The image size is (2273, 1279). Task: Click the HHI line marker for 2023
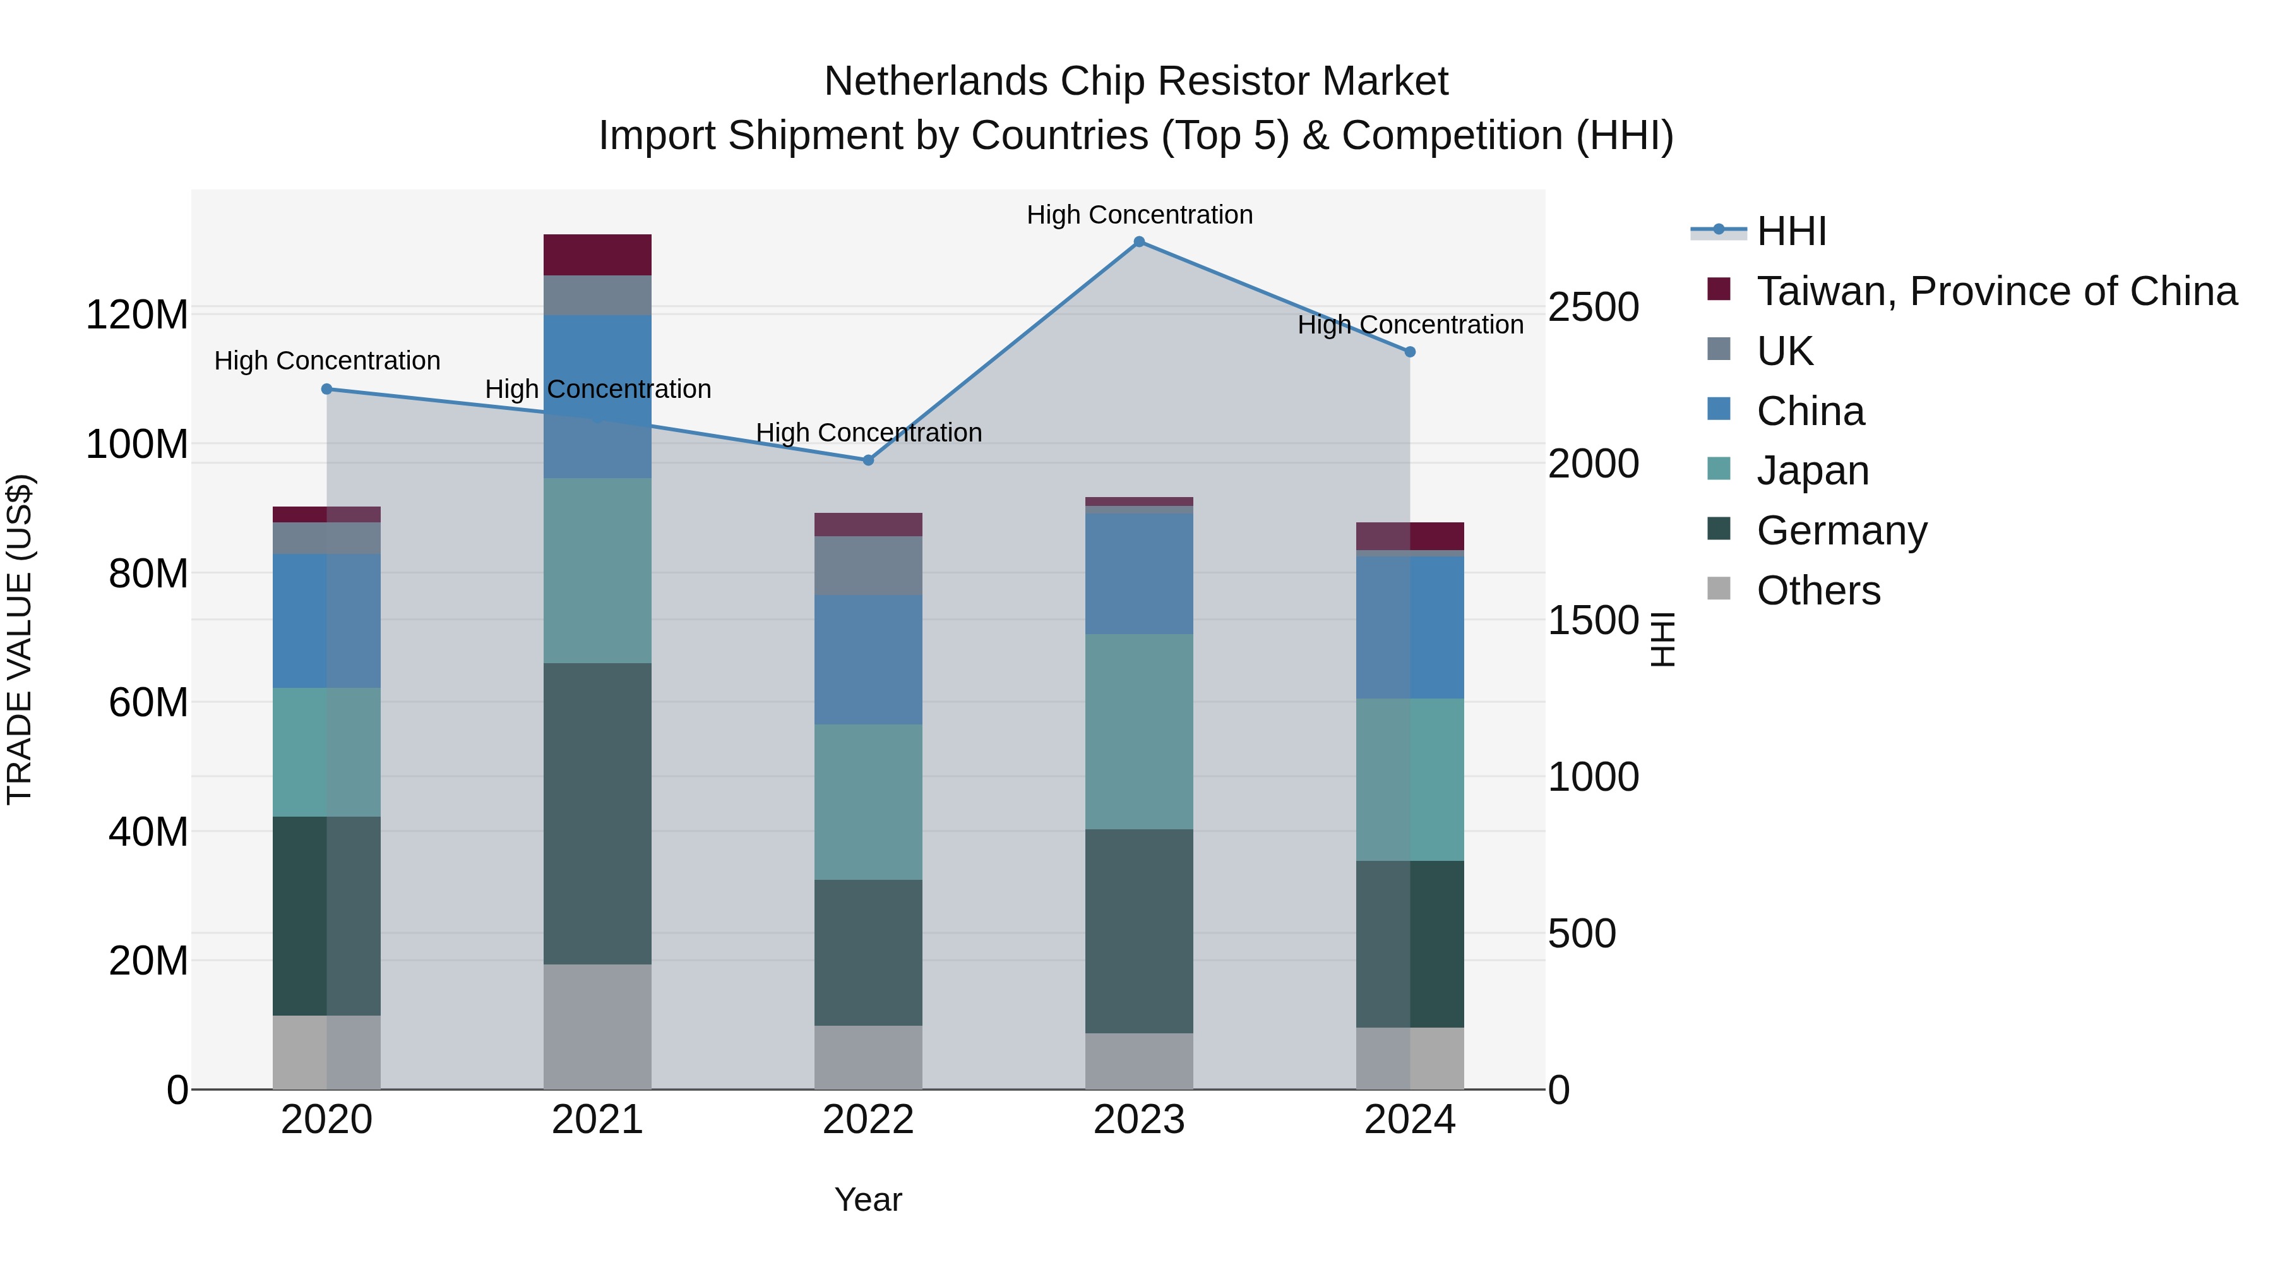click(1139, 242)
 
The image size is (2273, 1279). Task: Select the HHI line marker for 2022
click(868, 460)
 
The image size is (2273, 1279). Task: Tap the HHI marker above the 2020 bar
click(326, 389)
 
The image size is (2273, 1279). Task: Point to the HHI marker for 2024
click(1410, 352)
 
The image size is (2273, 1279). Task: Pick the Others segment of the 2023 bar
click(1139, 1061)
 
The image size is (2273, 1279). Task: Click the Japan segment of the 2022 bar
click(868, 802)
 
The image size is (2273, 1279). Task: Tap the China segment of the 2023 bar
click(1139, 573)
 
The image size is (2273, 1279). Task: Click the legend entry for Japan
click(1812, 471)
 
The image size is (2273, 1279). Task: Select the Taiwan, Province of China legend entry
click(1996, 291)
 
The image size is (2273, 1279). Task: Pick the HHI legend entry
click(1791, 231)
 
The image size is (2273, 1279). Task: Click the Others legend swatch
click(1719, 589)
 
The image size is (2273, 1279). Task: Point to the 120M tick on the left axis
click(137, 315)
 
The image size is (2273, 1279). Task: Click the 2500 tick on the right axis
click(1594, 307)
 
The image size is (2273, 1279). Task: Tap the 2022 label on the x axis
click(868, 1120)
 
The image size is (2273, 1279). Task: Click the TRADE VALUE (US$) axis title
click(20, 639)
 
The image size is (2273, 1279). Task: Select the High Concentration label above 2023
click(1139, 215)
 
